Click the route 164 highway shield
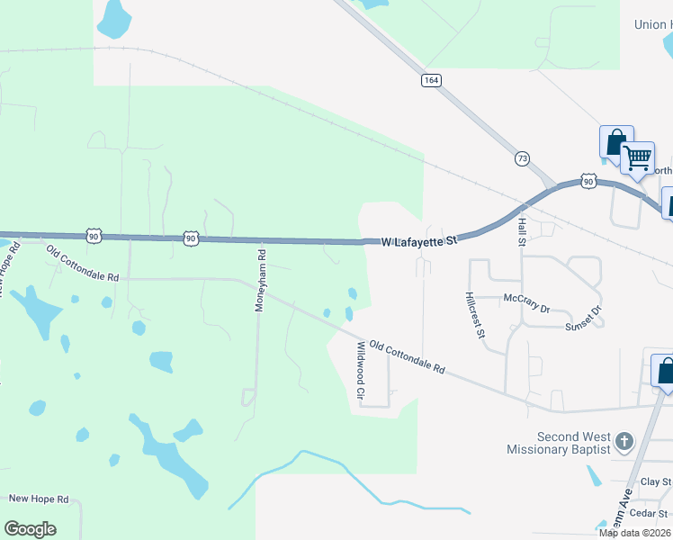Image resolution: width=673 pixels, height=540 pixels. [x=431, y=81]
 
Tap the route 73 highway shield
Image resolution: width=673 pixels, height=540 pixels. [x=522, y=158]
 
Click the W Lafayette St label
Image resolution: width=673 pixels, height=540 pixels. [x=419, y=241]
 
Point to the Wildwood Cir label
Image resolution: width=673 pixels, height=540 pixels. [x=362, y=370]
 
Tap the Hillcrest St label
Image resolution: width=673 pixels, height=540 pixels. [x=475, y=315]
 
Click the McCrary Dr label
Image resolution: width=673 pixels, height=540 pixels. [x=526, y=302]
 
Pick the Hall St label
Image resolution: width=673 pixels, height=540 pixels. [x=521, y=231]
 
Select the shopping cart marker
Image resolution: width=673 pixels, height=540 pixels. [x=637, y=158]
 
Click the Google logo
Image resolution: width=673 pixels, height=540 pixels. [x=31, y=529]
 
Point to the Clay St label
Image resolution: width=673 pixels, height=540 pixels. [x=655, y=482]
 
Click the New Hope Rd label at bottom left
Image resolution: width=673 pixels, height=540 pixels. [x=38, y=499]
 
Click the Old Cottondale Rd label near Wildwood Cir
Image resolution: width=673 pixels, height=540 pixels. [x=407, y=357]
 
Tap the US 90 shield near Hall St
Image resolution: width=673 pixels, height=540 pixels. [x=588, y=181]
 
